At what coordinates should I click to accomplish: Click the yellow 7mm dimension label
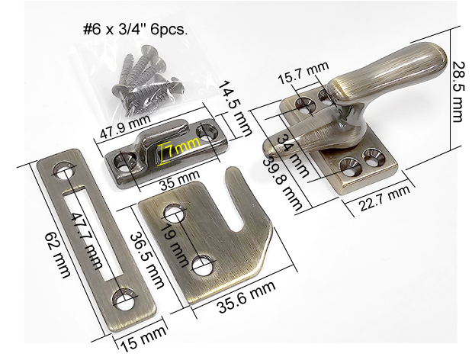point(182,147)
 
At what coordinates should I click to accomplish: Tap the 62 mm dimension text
point(58,255)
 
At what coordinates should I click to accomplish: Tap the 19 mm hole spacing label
point(174,246)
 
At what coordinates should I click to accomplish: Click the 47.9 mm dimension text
point(125,127)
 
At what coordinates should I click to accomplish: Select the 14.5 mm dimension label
point(234,108)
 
